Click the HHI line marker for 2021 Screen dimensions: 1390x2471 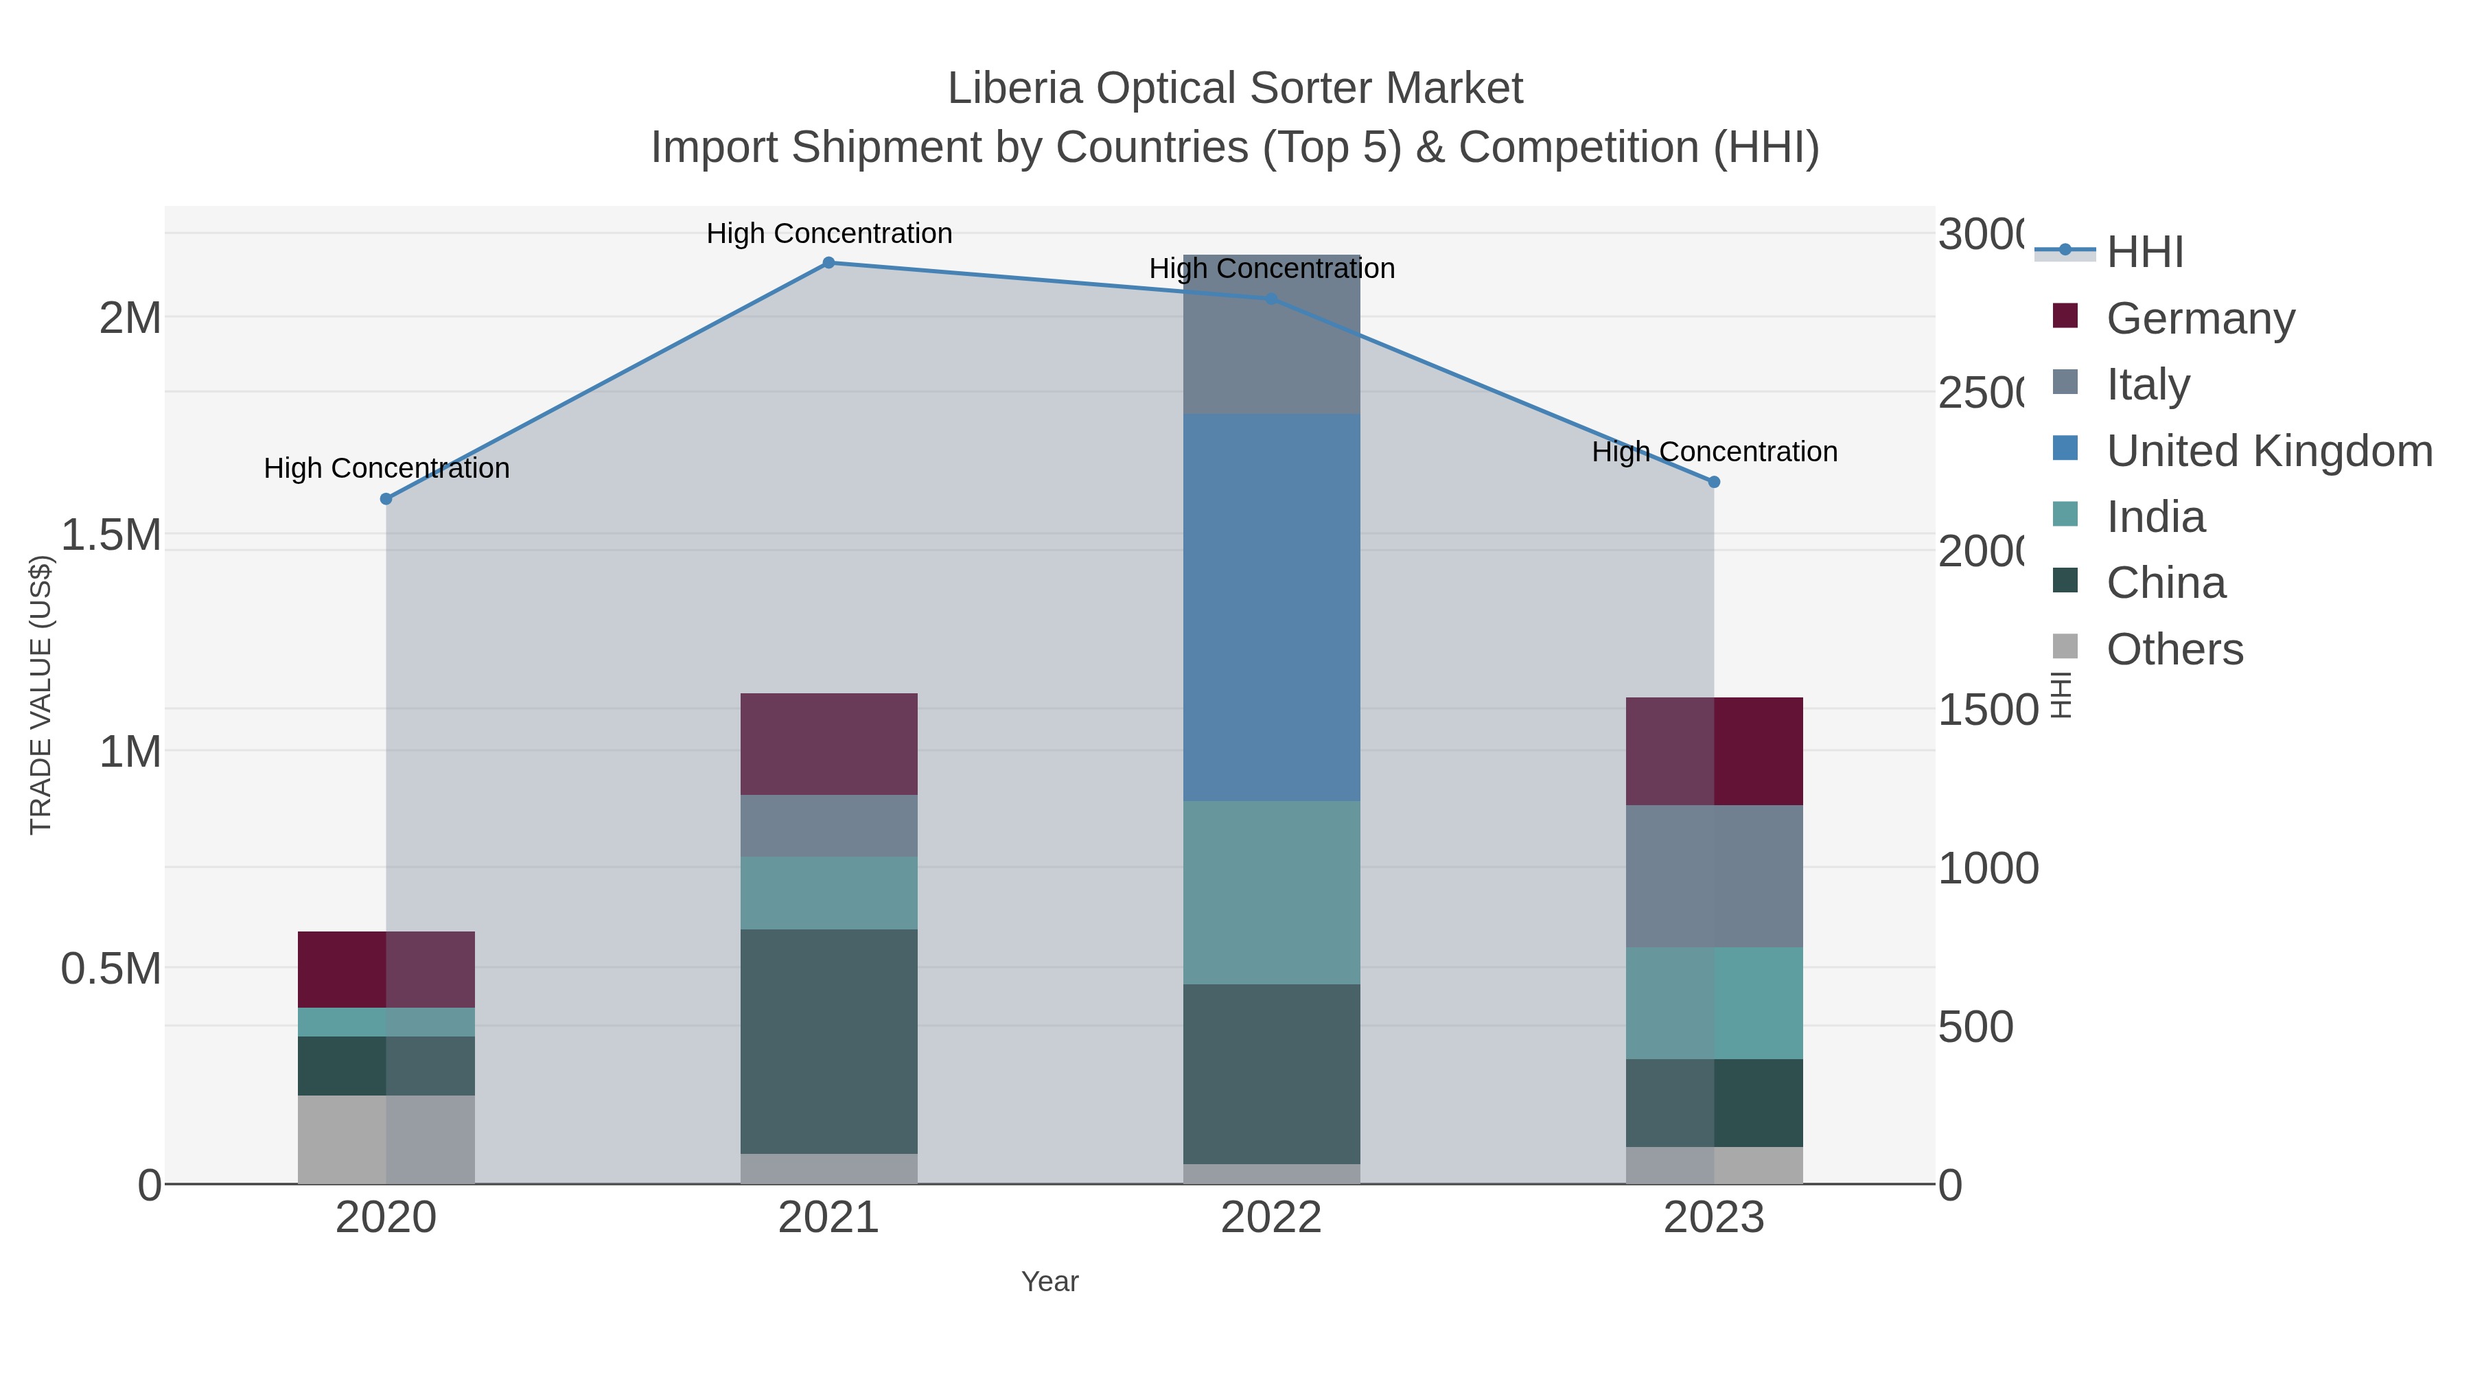coord(828,263)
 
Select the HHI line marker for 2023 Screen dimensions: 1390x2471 coord(1714,483)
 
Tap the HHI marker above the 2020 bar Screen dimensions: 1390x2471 coord(386,499)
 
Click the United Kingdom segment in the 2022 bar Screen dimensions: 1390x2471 coord(1271,607)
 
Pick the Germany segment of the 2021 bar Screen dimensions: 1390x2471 coord(828,743)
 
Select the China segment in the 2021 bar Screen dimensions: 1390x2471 coord(828,1041)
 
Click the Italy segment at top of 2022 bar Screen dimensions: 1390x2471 coord(1271,335)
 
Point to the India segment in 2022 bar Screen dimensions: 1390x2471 coord(1271,892)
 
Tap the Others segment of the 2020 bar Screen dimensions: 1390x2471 coord(386,1139)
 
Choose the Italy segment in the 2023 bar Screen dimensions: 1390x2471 coord(1714,876)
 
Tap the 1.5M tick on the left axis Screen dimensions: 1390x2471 coord(111,534)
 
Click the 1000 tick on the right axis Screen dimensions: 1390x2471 coord(1988,868)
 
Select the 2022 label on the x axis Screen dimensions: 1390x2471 coord(1271,1218)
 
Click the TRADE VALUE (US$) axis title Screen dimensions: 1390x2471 coord(40,695)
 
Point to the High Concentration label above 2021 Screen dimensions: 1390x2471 coord(828,233)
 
